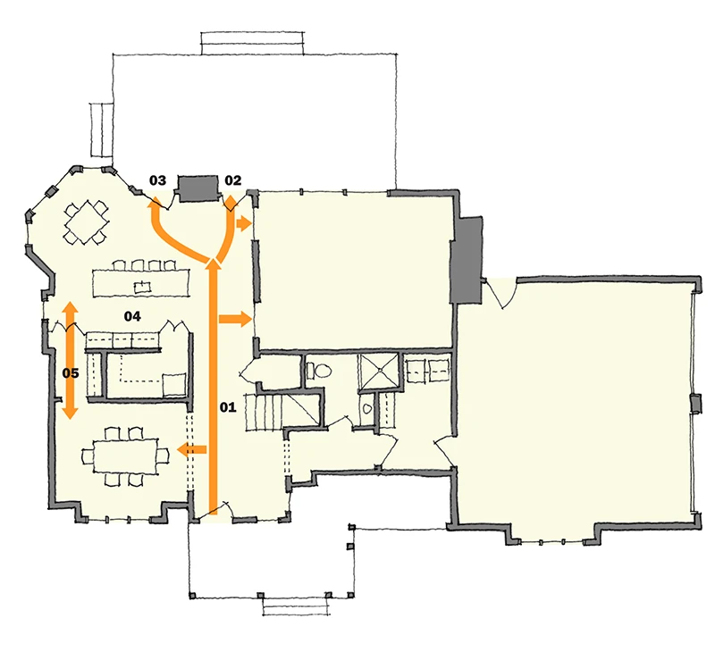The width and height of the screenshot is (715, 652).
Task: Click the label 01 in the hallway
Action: click(x=228, y=407)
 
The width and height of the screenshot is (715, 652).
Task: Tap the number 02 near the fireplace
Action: click(x=232, y=180)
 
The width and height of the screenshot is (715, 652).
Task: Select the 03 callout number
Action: click(x=158, y=180)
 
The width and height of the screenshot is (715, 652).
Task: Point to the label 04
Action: click(x=132, y=316)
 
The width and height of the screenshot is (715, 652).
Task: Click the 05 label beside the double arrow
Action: click(x=71, y=373)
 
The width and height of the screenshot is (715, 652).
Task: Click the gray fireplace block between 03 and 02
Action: click(x=198, y=188)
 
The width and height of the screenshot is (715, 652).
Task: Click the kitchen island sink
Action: click(x=142, y=287)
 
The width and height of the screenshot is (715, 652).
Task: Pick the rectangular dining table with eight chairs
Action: click(x=125, y=456)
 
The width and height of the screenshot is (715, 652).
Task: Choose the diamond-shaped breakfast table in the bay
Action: click(x=87, y=222)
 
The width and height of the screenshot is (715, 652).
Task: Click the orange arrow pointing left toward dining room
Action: click(x=191, y=450)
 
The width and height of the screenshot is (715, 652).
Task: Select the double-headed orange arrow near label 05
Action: click(x=70, y=360)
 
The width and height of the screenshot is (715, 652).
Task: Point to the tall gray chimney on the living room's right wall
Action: click(x=467, y=260)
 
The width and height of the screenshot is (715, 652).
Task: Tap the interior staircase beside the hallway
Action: click(x=263, y=412)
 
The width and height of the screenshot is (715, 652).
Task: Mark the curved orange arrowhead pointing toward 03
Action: click(x=155, y=202)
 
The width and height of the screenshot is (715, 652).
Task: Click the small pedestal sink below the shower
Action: click(x=367, y=409)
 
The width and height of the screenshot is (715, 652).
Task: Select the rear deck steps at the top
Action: click(x=252, y=43)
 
